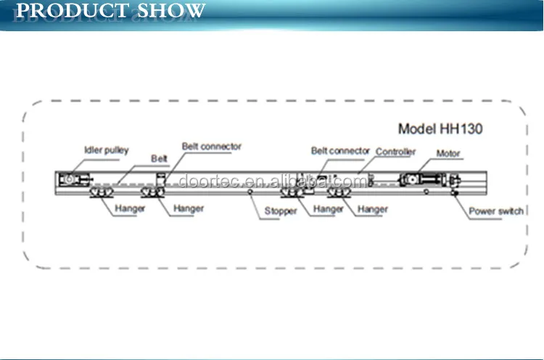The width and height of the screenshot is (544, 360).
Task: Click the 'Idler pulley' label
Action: coord(105,150)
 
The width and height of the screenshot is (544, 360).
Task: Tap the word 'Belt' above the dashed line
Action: coord(159,158)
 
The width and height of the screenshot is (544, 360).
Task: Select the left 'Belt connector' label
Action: coord(212,147)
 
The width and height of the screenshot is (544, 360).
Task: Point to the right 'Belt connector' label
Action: coord(341,151)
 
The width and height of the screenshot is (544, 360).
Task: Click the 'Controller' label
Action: coord(395,152)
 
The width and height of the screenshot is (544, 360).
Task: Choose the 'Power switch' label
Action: coord(495,211)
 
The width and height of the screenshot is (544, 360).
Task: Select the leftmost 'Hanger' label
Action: coord(131,208)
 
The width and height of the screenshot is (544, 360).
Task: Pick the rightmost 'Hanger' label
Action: coord(372,209)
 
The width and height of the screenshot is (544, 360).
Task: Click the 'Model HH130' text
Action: coord(440,129)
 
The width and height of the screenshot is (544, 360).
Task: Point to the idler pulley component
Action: coord(70,179)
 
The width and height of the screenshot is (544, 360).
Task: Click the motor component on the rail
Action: coord(421,179)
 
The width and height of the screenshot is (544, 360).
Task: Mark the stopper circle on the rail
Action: coord(250,193)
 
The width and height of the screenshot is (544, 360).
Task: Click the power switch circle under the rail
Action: coord(454,192)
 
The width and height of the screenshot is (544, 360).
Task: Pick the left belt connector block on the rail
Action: coord(161,179)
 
